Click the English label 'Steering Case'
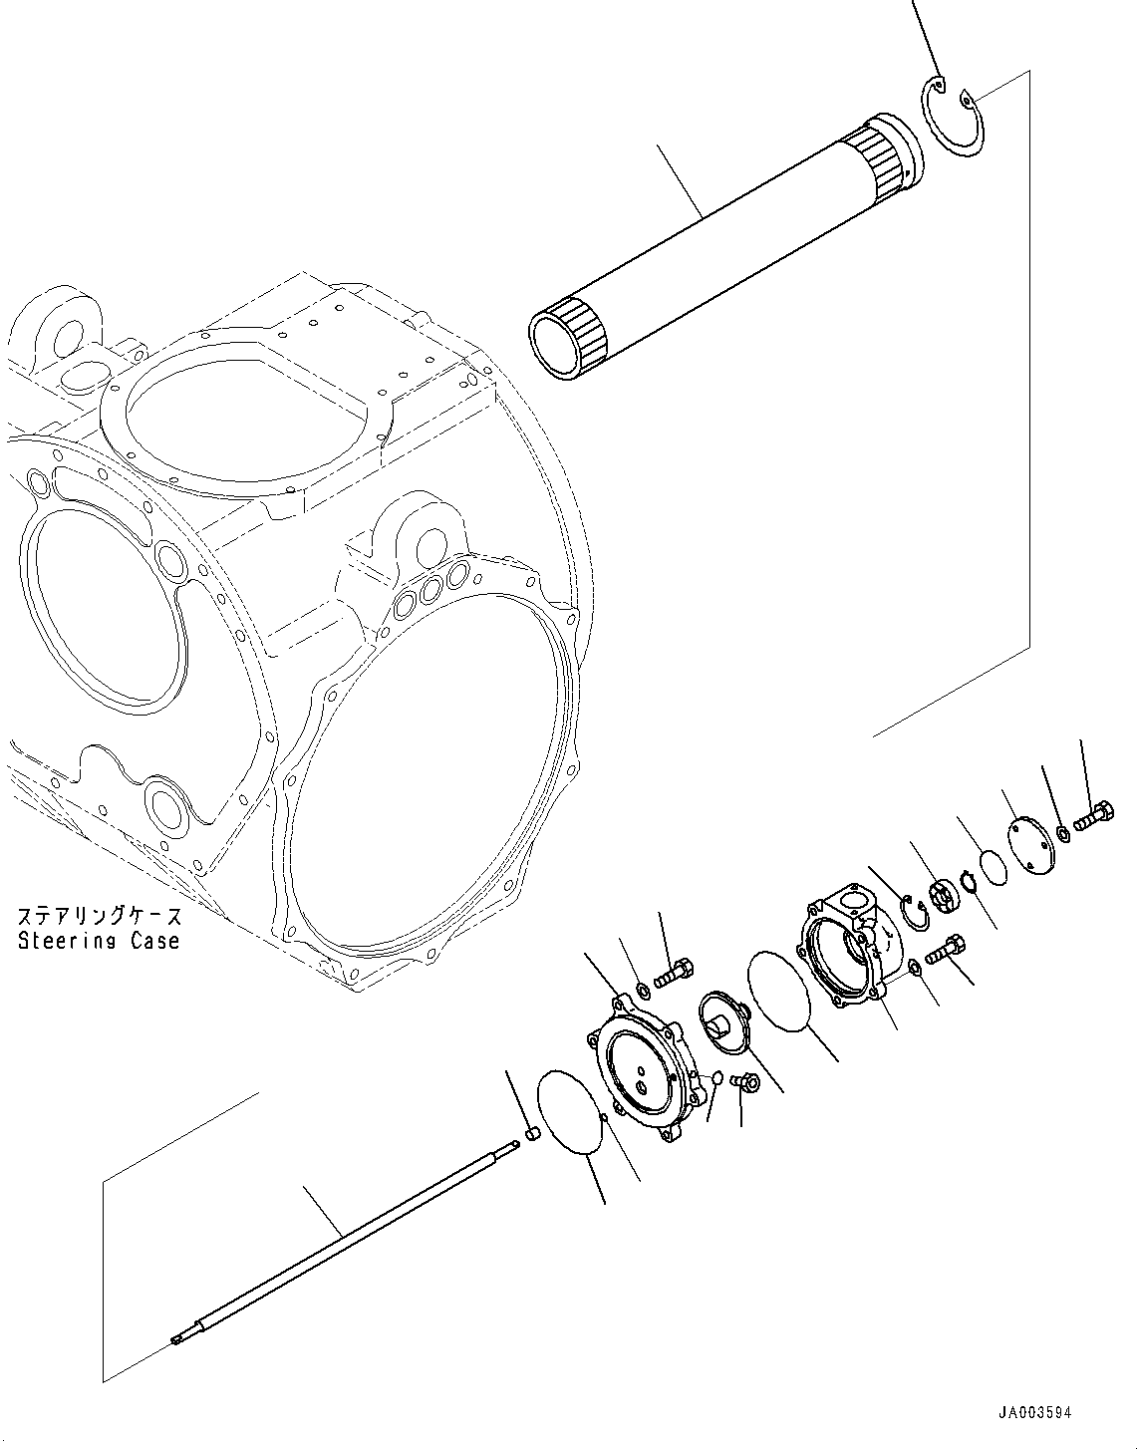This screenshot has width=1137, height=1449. (x=99, y=941)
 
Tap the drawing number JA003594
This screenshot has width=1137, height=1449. (x=1035, y=1413)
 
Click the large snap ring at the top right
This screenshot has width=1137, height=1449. (x=953, y=119)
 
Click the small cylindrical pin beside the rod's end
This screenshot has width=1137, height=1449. (x=532, y=1133)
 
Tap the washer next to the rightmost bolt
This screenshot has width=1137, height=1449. (x=1064, y=832)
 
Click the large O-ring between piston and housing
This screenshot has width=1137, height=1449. (x=780, y=991)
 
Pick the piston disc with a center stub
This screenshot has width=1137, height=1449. (x=722, y=1016)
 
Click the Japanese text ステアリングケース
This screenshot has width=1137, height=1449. (x=99, y=915)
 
